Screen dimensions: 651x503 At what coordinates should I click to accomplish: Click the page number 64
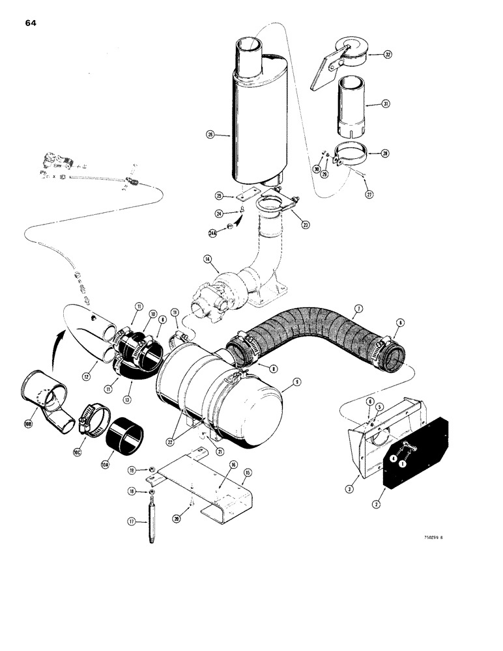[31, 23]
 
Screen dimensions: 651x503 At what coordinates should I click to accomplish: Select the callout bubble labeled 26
[210, 135]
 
